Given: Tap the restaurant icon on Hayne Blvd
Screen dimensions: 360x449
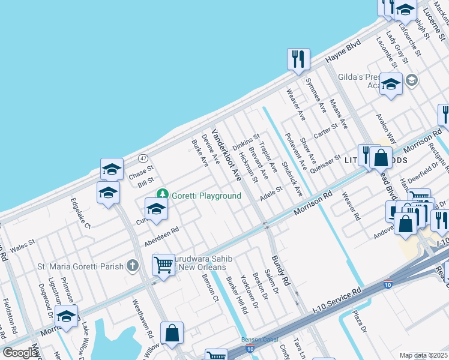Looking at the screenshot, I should tap(298, 59).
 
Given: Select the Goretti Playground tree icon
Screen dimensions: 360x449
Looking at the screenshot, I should tap(162, 194).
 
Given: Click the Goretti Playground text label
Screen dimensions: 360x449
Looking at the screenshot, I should tap(206, 196).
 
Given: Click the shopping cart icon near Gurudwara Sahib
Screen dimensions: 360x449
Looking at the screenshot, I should tap(163, 265).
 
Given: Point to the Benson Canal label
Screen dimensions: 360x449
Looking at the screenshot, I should tap(259, 340).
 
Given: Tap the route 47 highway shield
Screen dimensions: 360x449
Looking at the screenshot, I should tap(143, 158).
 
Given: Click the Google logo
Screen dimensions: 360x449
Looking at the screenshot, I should tap(20, 353).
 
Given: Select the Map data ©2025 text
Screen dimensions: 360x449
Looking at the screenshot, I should tap(424, 356).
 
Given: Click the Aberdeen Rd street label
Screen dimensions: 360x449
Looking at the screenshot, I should tap(162, 236).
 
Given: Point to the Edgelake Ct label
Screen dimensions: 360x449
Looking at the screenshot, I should tap(80, 214).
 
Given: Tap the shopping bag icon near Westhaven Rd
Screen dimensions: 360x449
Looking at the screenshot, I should tap(172, 334).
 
